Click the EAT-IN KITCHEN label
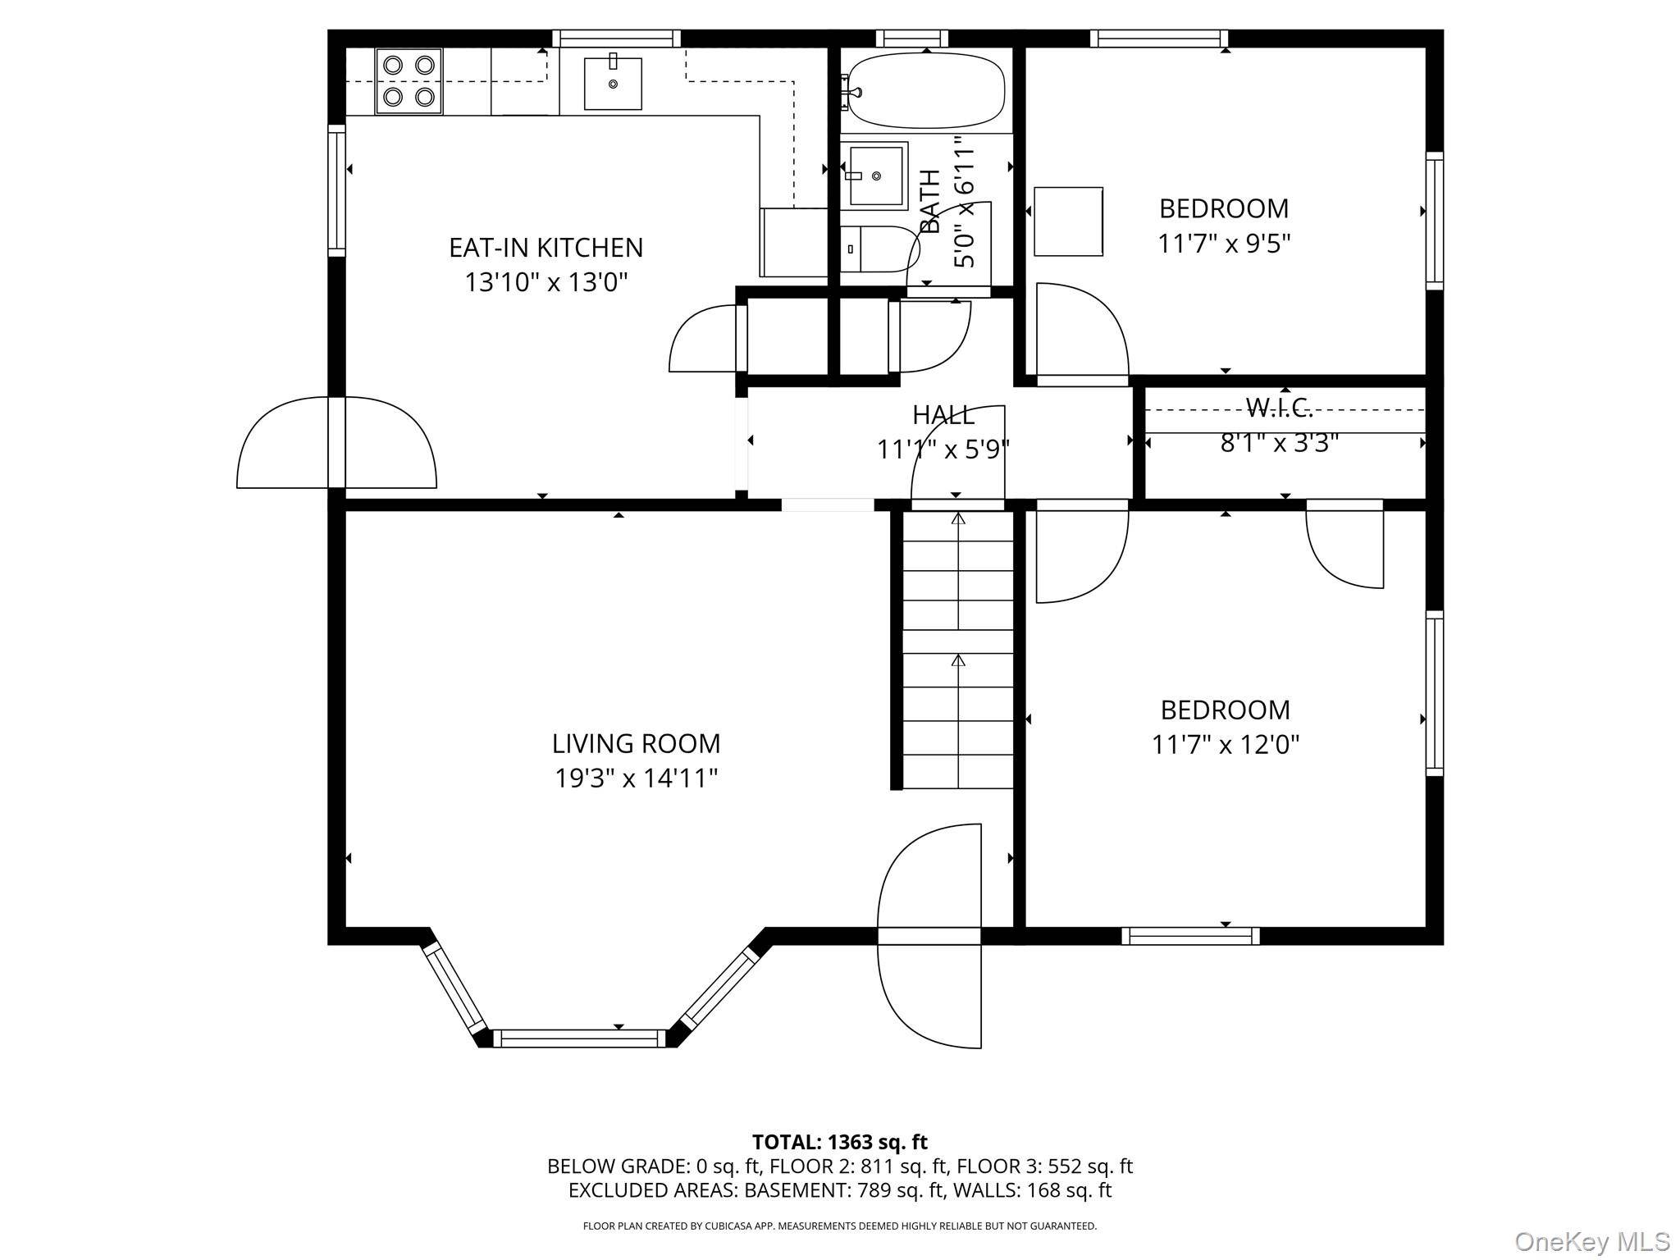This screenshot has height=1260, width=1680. (546, 247)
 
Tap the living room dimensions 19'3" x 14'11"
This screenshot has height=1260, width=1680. (636, 778)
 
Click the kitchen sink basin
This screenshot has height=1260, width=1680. (613, 83)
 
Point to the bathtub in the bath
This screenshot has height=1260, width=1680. (925, 90)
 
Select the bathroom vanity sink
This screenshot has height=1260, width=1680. (876, 176)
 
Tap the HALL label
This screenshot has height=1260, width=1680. (943, 415)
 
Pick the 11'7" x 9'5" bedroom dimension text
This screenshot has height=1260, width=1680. (1224, 244)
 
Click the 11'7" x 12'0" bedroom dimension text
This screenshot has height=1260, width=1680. (1225, 745)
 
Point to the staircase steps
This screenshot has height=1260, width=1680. (958, 648)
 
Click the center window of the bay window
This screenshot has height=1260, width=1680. (579, 1039)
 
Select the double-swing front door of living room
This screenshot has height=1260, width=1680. (929, 936)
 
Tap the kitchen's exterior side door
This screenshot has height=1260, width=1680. (336, 443)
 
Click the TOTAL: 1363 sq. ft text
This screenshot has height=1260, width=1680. (839, 1142)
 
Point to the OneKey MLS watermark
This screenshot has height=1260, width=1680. (1591, 1240)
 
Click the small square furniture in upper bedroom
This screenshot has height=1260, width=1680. (1068, 221)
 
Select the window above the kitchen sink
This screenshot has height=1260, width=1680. (616, 38)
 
